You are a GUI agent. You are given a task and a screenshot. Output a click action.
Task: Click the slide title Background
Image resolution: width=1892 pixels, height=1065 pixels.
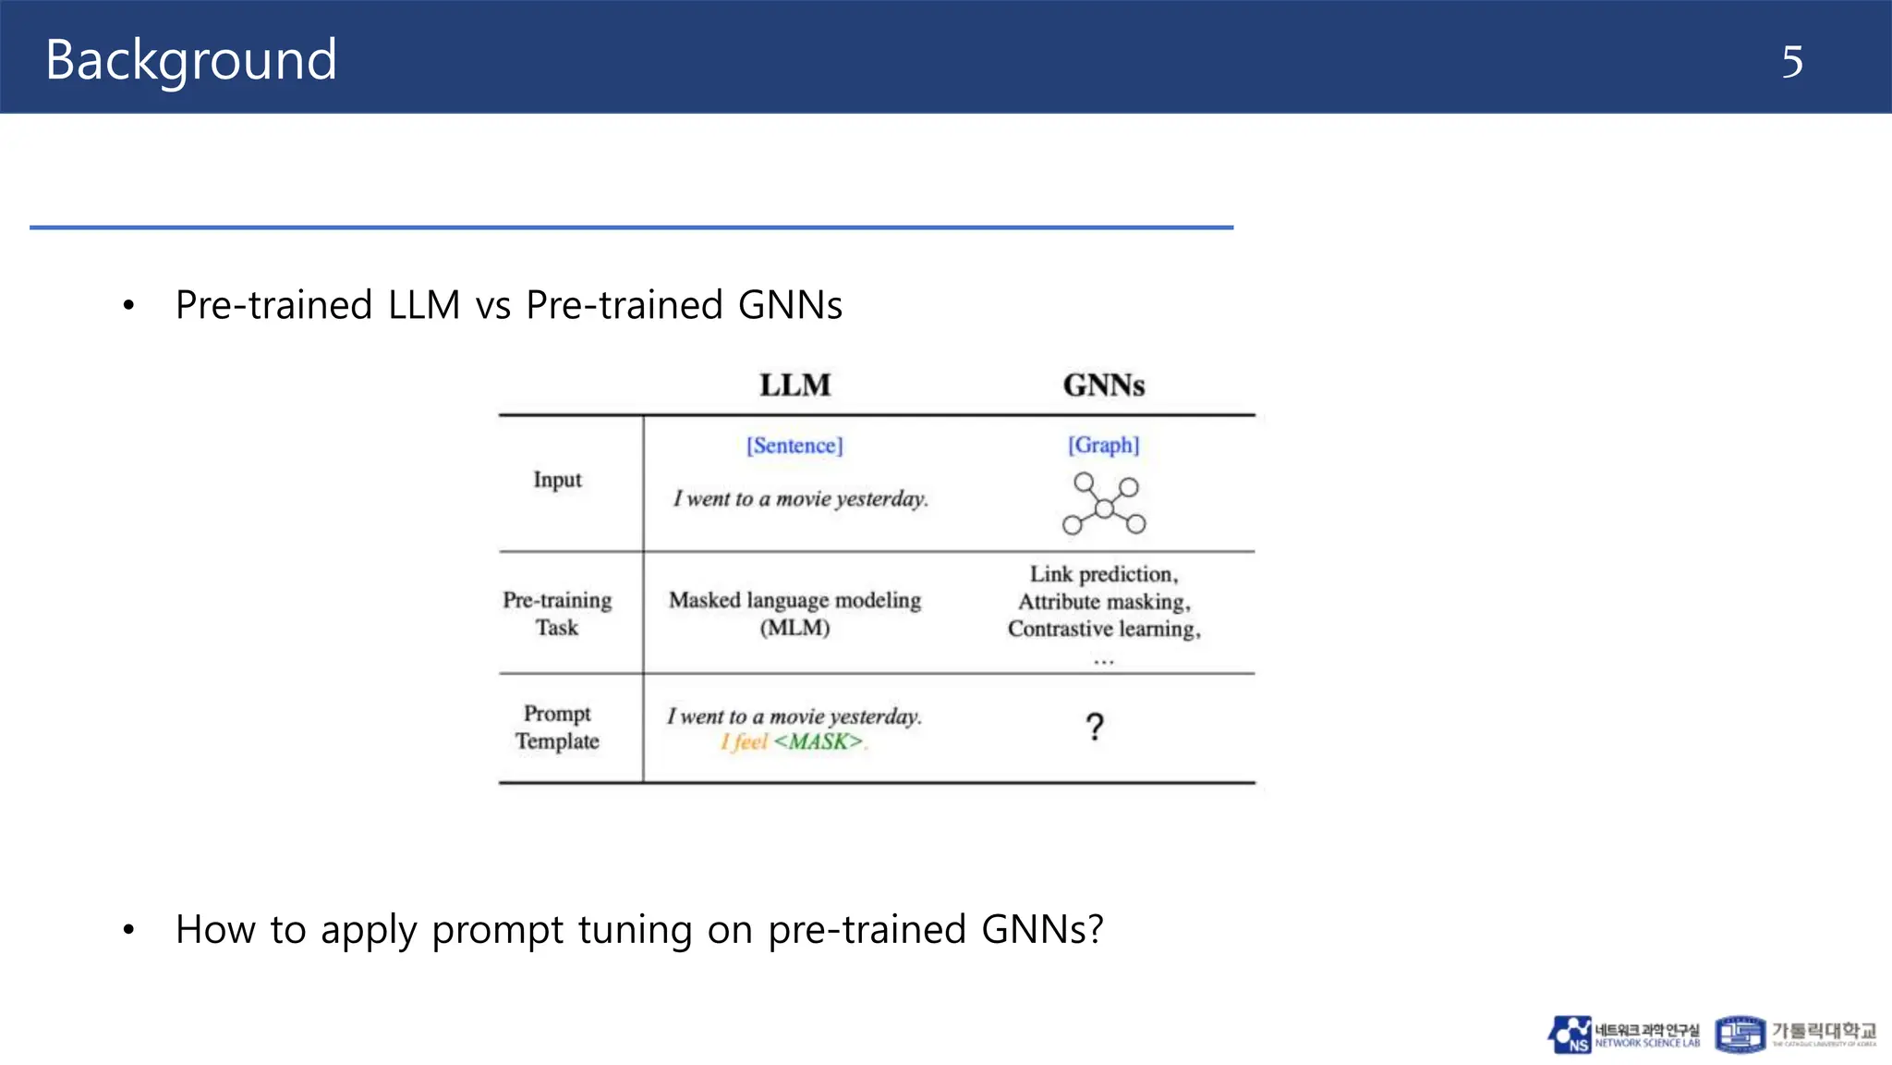pos(190,60)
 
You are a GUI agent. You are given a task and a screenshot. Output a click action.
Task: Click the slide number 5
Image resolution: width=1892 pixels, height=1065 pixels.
pos(1791,62)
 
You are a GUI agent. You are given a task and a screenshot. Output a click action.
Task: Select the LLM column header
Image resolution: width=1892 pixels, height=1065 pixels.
pos(794,385)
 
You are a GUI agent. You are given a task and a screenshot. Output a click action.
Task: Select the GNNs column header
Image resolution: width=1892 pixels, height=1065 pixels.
pos(1103,385)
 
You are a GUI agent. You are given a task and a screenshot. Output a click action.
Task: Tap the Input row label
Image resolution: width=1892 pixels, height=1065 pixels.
pos(557,480)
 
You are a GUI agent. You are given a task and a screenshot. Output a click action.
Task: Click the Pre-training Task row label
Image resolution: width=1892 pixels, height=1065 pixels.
pos(557,613)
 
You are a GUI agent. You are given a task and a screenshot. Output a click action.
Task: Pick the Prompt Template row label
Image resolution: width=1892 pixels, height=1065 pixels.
pos(557,727)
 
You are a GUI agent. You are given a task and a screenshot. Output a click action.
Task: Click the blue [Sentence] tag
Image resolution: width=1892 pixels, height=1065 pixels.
pos(794,446)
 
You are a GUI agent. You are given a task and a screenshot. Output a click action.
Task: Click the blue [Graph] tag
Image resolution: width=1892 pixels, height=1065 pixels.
pos(1103,445)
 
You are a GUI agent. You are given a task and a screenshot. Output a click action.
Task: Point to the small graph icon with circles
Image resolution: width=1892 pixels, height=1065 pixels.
pos(1103,504)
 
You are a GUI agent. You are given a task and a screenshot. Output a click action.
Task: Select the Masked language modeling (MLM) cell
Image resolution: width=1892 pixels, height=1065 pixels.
pos(794,613)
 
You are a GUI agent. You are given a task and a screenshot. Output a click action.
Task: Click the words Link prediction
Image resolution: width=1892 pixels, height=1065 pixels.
pos(1103,574)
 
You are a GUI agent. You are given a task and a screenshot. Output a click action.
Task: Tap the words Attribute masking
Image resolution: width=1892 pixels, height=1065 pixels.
pos(1103,602)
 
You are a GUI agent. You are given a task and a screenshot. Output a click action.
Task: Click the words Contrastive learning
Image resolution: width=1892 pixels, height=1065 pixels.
pos(1103,629)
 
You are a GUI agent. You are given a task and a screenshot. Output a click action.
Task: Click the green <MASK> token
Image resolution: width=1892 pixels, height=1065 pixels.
pos(819,741)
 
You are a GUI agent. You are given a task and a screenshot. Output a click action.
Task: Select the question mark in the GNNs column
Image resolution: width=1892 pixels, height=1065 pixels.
pos(1095,728)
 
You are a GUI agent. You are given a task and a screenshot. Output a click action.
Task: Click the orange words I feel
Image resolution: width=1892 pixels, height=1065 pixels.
pos(744,741)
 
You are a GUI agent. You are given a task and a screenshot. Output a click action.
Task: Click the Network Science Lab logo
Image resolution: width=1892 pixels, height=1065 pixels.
pos(1623,1034)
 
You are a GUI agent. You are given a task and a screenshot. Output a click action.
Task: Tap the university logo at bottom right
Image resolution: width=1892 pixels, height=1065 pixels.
pos(1795,1034)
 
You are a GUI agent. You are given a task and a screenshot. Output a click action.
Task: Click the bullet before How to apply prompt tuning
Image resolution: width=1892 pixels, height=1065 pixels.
pos(128,930)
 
